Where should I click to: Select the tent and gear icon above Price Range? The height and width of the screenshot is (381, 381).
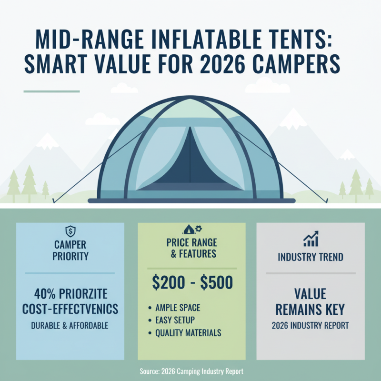point(191,229)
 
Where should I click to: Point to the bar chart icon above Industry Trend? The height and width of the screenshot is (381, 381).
point(311,238)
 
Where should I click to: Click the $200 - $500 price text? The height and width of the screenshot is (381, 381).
point(192,283)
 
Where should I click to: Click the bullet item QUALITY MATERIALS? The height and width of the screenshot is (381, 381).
point(188,333)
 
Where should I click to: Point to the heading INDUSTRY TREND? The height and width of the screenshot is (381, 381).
point(311,258)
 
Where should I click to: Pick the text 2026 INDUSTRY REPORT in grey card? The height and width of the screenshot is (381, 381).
point(311,326)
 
